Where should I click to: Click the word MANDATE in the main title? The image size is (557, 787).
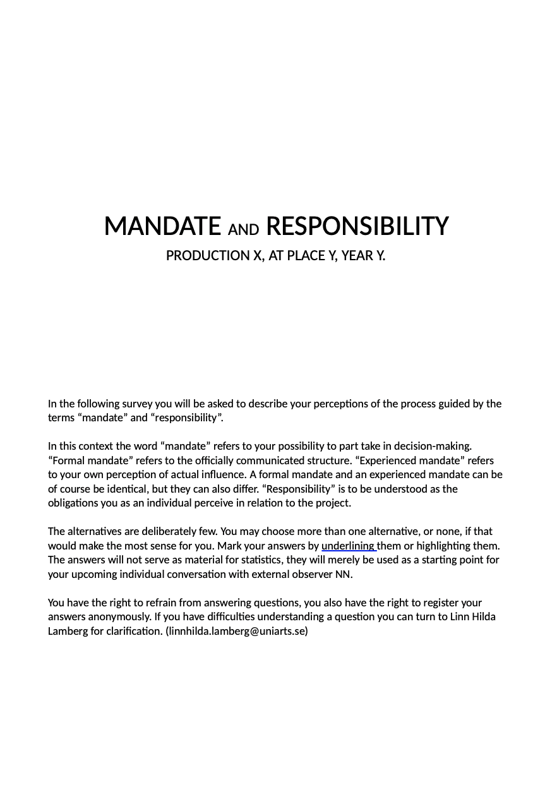[162, 226]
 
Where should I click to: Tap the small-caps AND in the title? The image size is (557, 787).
[243, 229]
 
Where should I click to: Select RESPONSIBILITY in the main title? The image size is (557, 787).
[357, 226]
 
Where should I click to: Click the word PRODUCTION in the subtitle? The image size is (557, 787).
[207, 256]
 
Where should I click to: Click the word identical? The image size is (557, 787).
[125, 489]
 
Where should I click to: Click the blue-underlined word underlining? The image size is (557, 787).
[348, 546]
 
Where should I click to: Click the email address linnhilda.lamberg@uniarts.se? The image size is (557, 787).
[237, 631]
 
